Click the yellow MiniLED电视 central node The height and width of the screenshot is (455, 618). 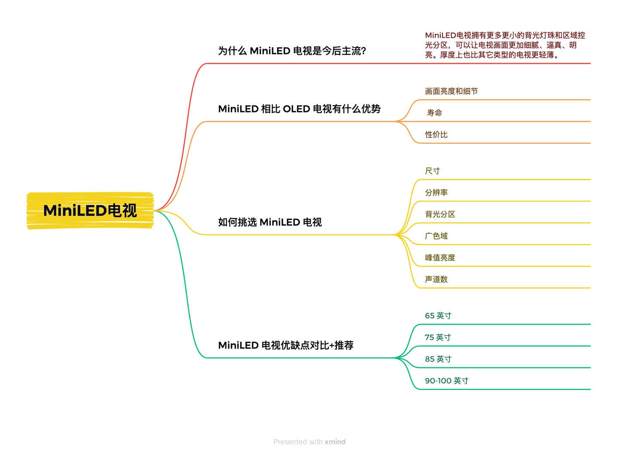tap(90, 210)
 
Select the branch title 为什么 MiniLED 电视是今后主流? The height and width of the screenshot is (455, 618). tap(292, 51)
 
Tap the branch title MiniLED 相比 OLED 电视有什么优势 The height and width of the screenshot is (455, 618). tap(299, 109)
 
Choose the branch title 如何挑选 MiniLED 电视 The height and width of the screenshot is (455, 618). tap(270, 222)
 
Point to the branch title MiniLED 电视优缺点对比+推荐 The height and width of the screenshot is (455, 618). tap(286, 345)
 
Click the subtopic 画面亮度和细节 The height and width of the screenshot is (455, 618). tap(451, 91)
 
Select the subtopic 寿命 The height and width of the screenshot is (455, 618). tap(434, 113)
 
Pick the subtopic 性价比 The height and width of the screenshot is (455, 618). tap(436, 134)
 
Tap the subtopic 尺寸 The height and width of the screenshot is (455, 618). tap(432, 171)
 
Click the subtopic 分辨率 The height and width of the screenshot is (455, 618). tap(436, 192)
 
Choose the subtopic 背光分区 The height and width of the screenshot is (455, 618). tap(440, 214)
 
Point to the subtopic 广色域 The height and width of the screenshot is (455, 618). tap(436, 236)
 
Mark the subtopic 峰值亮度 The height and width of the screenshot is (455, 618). tap(440, 258)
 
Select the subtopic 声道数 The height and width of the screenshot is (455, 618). tap(436, 279)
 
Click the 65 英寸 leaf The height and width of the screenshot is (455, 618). tap(438, 315)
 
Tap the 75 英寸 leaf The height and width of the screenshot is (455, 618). tap(438, 337)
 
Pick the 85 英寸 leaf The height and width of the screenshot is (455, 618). tap(438, 359)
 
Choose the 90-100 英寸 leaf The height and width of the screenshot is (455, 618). tap(446, 381)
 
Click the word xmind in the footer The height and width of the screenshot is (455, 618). tap(335, 442)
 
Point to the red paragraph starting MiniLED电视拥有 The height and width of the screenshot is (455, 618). tap(505, 45)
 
